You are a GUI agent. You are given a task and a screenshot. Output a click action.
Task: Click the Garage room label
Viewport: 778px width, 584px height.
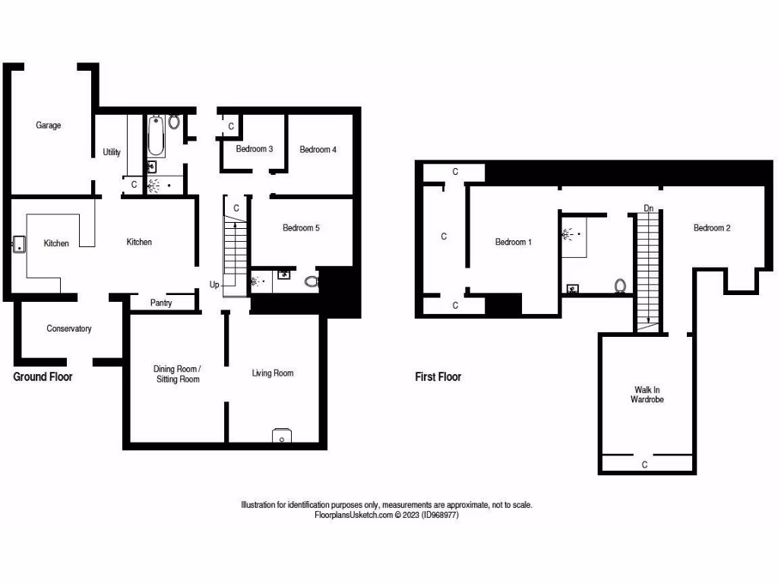[x=48, y=125]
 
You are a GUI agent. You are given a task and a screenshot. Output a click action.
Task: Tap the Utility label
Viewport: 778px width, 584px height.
[x=112, y=152]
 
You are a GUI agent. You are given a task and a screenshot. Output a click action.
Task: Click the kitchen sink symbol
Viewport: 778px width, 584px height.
[x=19, y=244]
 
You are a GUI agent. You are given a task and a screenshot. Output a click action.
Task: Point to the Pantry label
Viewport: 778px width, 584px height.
[x=161, y=303]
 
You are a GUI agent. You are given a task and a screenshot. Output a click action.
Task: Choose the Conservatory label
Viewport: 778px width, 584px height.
[x=69, y=328]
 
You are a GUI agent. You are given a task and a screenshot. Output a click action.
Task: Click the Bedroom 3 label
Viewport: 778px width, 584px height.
[x=255, y=149]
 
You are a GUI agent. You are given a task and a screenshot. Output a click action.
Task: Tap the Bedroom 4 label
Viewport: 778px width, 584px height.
[x=318, y=150]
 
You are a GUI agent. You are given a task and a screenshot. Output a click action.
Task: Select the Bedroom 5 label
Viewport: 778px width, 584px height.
[x=301, y=227]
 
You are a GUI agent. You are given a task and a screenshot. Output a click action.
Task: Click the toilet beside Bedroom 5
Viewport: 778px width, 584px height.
[x=312, y=281]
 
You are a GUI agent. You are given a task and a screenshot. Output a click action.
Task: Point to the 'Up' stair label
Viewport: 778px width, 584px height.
[x=215, y=284]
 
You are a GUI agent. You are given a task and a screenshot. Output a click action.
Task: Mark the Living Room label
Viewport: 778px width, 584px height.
[x=273, y=373]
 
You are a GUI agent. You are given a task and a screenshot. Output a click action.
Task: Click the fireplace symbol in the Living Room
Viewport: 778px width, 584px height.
[x=281, y=436]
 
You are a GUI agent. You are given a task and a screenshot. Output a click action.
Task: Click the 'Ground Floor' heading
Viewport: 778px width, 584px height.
[x=43, y=376]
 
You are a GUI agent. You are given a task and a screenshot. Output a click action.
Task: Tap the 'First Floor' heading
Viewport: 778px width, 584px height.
[x=438, y=376]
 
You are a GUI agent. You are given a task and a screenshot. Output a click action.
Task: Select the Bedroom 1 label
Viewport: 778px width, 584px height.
[x=514, y=242]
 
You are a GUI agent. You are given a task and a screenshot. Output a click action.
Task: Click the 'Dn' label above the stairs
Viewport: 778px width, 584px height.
[x=649, y=208]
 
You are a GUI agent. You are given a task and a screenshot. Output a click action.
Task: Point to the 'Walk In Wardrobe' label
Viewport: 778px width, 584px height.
[x=647, y=394]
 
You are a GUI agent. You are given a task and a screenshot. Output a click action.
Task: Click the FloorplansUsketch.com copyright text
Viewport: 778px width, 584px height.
[x=387, y=515]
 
